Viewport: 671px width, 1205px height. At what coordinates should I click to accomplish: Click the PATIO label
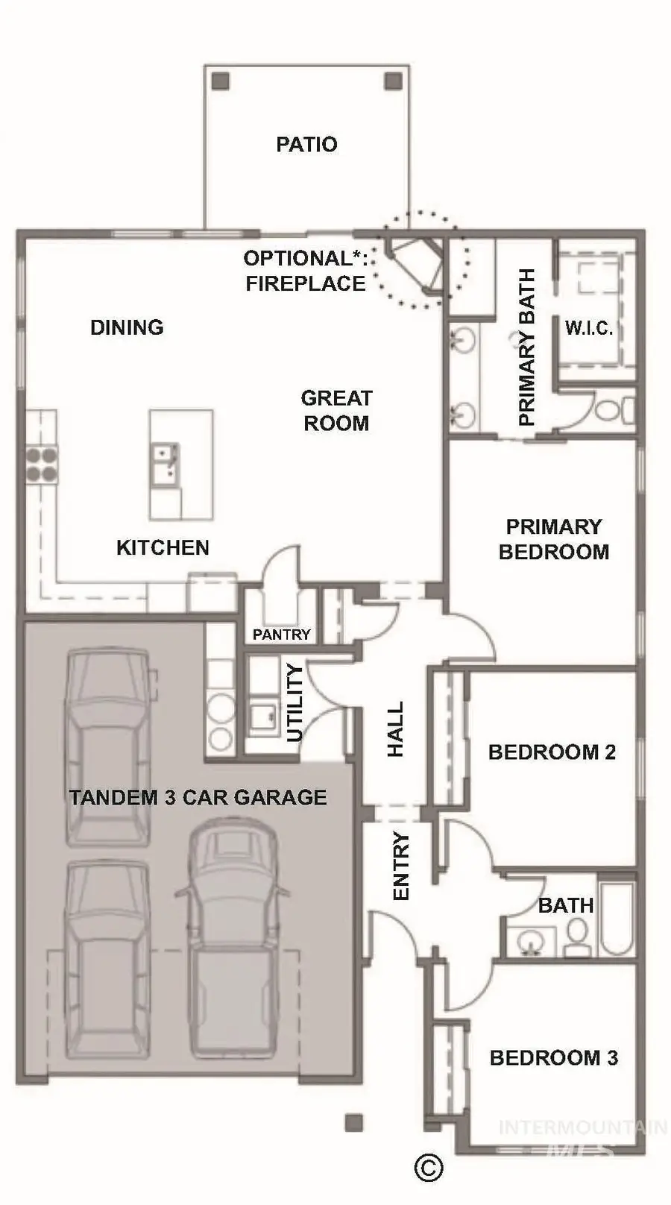click(306, 144)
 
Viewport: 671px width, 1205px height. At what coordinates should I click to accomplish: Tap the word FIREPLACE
click(306, 283)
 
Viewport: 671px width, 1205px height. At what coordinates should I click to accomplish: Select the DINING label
click(127, 327)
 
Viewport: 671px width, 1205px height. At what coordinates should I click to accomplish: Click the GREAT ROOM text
click(335, 410)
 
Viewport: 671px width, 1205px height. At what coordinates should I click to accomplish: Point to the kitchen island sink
click(165, 462)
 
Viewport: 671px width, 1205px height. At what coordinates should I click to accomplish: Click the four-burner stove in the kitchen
click(42, 464)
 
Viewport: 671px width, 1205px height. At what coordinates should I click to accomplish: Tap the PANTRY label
click(281, 635)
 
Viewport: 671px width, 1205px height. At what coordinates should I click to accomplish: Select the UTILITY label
click(295, 702)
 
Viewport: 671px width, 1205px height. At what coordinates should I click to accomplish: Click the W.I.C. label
click(588, 328)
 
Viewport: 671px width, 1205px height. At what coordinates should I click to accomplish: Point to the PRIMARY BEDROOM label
click(554, 539)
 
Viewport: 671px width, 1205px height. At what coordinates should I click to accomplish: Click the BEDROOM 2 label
click(552, 752)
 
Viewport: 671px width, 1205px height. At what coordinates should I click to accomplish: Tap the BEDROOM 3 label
click(553, 1057)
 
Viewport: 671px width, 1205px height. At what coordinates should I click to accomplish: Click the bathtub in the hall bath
click(617, 919)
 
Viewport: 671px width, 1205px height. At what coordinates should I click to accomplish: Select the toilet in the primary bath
click(605, 409)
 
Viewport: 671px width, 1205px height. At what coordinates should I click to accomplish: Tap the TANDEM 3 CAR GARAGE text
click(198, 797)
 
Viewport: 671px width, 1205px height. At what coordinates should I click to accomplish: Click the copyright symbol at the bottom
click(428, 1166)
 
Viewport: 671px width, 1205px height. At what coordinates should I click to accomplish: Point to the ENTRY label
click(400, 866)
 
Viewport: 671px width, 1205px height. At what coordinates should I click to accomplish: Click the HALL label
click(395, 729)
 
